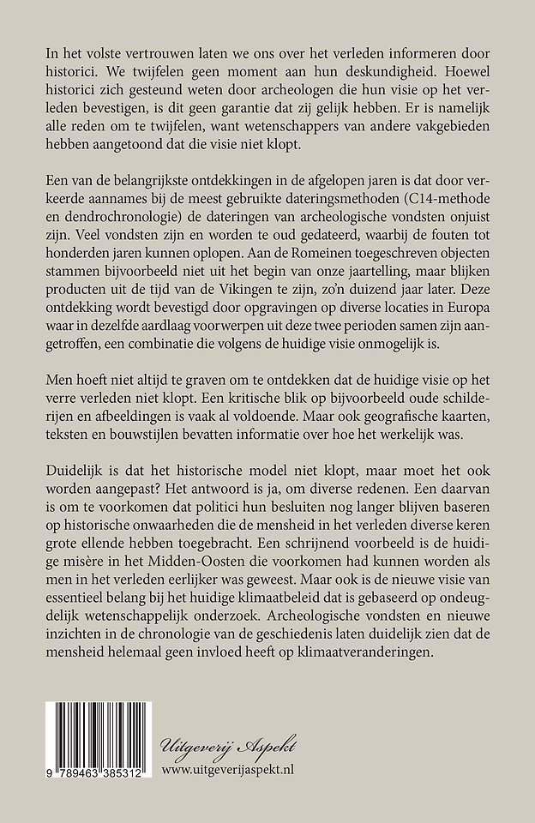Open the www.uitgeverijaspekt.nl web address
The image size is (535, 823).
[246, 768]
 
